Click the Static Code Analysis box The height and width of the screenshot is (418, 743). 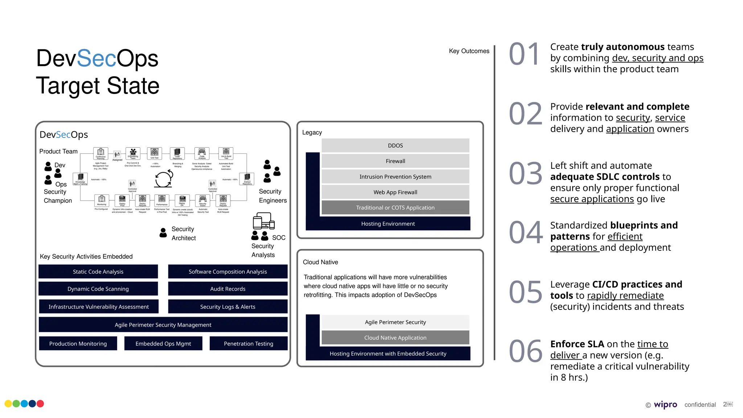pyautogui.click(x=98, y=271)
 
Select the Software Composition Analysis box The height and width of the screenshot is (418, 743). pyautogui.click(x=227, y=271)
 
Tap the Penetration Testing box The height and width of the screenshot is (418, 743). pyautogui.click(x=248, y=343)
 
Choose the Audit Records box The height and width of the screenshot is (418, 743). pyautogui.click(x=227, y=289)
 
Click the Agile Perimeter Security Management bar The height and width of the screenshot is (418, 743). pyautogui.click(x=163, y=325)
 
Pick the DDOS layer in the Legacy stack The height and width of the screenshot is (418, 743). pyautogui.click(x=395, y=146)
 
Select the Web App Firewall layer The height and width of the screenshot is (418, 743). pyautogui.click(x=395, y=192)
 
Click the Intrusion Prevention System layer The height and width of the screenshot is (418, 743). pyautogui.click(x=395, y=177)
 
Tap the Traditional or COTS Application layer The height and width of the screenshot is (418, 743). pyautogui.click(x=395, y=208)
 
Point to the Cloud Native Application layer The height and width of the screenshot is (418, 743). pyautogui.click(x=395, y=337)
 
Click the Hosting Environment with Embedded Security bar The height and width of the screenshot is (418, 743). pyautogui.click(x=388, y=353)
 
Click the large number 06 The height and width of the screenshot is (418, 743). pyautogui.click(x=525, y=351)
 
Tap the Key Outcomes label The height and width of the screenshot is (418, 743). pyautogui.click(x=469, y=51)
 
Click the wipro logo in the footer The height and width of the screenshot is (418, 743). pyautogui.click(x=665, y=404)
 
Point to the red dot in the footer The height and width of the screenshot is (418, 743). pyautogui.click(x=40, y=403)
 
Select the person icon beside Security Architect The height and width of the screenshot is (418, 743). pyautogui.click(x=163, y=233)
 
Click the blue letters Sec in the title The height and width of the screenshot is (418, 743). pyautogui.click(x=97, y=58)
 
